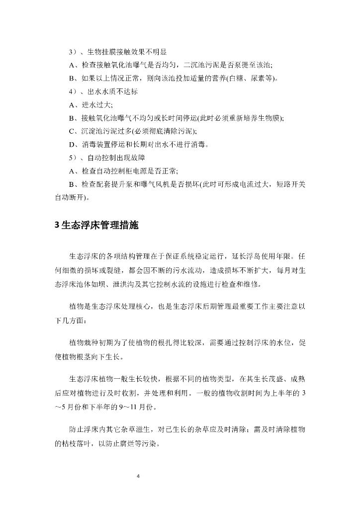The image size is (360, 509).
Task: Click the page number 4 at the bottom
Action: tap(138, 476)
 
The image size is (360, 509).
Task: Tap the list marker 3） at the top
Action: tap(73, 52)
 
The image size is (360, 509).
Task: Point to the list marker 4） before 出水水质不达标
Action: tap(73, 92)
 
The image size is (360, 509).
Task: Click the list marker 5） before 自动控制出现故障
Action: tap(73, 158)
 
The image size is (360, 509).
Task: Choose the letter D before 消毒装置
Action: tap(72, 145)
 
